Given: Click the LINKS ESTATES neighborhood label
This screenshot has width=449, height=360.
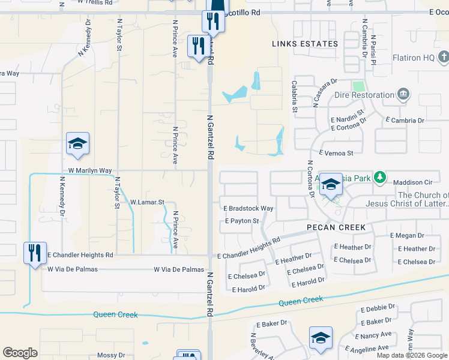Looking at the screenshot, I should coord(305,44).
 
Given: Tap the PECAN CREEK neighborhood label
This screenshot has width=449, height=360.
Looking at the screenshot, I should coord(336,227).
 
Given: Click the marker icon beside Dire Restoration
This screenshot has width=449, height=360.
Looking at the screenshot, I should coord(403,94).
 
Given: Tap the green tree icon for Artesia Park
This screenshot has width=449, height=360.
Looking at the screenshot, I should coord(379,178).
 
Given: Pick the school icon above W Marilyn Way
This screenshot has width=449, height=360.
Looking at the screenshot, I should coord(77,144).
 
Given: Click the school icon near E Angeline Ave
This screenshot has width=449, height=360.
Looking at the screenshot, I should coord(321,338).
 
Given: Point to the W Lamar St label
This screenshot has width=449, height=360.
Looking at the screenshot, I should coord(147,203).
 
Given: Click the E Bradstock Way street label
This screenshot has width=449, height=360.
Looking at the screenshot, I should coord(249,208).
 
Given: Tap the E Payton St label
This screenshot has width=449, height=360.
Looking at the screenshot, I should coord(242,221).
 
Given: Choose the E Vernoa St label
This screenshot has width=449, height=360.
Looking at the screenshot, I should coord(336,154).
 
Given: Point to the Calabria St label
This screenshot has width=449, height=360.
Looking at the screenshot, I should coord(295,97).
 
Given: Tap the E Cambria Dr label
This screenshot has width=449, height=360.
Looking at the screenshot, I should coord(405,121).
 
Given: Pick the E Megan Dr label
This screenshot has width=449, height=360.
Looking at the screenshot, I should coord(407,236).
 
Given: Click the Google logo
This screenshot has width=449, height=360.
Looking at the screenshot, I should coord(20,353).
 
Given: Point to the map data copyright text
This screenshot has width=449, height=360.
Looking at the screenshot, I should coord(412,355).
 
